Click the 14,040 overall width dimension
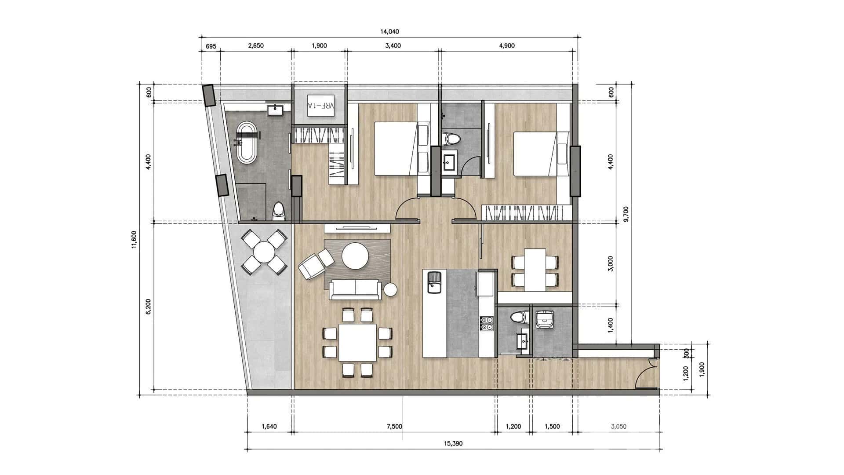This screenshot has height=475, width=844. pos(389,32)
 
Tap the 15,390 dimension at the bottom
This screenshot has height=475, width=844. pos(453,444)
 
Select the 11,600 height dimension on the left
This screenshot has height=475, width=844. pos(134,239)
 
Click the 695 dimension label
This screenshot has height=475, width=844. pos(211,46)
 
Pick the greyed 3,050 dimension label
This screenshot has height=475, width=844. pos(618,426)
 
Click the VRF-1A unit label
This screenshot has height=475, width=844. pos(321,106)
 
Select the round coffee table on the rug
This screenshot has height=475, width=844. pos(355,256)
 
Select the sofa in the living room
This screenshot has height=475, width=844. pos(355,290)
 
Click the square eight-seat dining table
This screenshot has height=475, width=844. pos(357,343)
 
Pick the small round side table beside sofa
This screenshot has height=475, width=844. pos(390,290)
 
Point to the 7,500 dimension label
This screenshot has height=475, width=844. pos(394,426)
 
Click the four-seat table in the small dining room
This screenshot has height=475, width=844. pos(535,269)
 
